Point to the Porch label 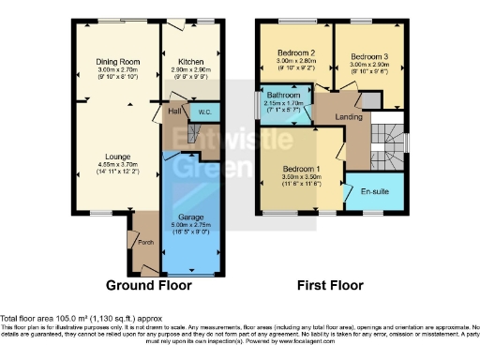pos(145,239)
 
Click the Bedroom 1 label pos(303,169)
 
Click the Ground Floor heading pos(148,284)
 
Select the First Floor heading pos(331,284)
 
